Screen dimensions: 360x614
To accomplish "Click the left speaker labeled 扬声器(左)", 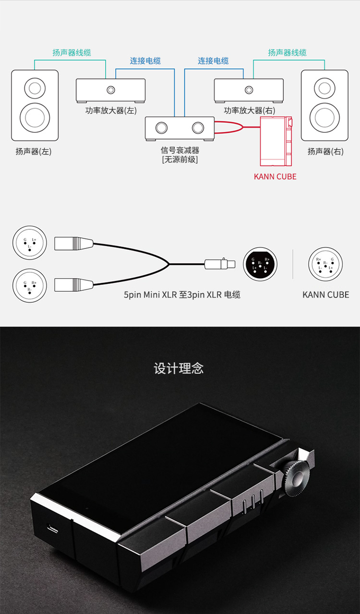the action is [35, 105].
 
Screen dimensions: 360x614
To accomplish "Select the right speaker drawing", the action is [324, 105].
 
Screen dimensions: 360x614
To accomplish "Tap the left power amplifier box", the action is [111, 90].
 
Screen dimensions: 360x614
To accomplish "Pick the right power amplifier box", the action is [249, 90].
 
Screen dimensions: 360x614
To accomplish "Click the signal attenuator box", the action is [180, 128].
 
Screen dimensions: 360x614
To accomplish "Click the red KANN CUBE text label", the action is [275, 177].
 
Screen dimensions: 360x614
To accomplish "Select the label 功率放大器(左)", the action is [111, 111].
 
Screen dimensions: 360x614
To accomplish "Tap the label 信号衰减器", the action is [180, 151].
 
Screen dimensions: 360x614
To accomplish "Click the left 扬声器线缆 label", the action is [72, 53].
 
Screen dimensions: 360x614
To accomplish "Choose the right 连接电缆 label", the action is [213, 61].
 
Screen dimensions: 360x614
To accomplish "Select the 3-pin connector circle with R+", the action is [30, 285].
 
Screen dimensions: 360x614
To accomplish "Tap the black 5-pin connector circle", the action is [260, 264].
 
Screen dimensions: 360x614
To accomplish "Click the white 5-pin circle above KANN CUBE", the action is [325, 264].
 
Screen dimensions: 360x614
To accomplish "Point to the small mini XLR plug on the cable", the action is [220, 264].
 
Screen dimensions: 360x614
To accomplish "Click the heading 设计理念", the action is [179, 368].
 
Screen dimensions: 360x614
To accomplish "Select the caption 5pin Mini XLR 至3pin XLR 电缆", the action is [182, 295].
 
